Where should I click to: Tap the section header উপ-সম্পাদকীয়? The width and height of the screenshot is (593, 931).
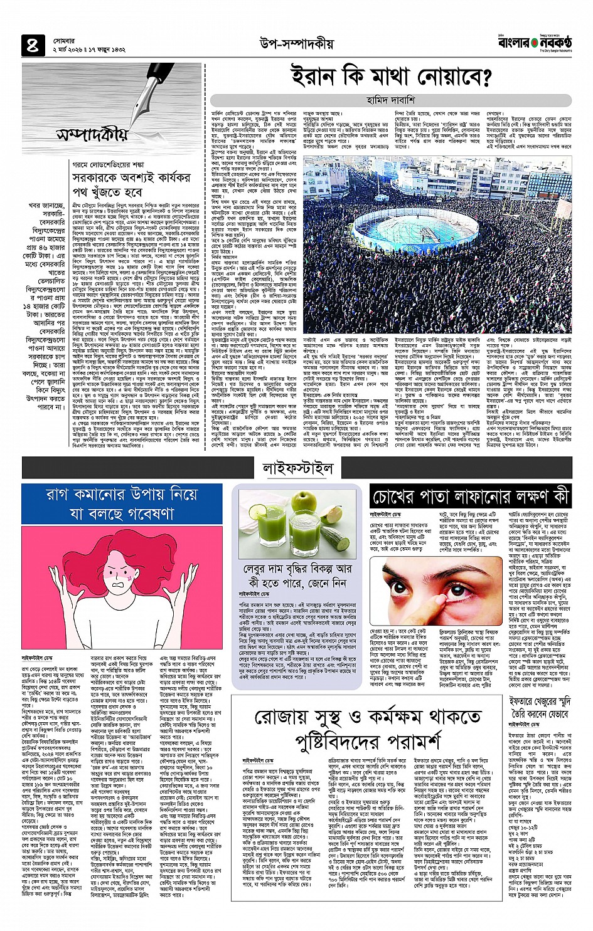click(296, 44)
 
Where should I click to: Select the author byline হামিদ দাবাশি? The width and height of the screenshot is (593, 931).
click(390, 100)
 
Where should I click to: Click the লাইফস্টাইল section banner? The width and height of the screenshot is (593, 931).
click(297, 468)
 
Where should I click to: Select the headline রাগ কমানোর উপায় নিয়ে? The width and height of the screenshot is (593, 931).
click(122, 494)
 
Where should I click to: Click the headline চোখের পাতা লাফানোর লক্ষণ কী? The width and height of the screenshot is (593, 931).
click(470, 497)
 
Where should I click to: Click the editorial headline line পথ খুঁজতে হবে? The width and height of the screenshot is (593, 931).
click(107, 192)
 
